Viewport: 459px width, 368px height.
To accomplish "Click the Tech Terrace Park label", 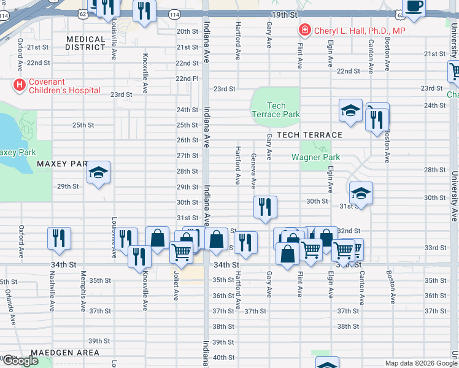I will point(276,110).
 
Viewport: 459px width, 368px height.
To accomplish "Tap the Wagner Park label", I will point(315,157).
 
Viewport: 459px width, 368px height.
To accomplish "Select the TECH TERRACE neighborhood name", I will point(309,135).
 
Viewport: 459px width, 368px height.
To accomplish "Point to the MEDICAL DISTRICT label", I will point(86,43).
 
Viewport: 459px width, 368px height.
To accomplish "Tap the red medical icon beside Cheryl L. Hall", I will point(304,29).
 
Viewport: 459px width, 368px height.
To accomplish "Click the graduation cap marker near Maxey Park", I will point(98,174).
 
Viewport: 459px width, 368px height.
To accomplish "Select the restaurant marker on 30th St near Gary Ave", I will point(265,207).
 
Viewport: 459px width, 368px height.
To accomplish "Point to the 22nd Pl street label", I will point(187,79).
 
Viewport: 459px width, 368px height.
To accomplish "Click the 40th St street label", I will point(224,358).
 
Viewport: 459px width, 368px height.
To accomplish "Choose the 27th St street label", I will point(187,156).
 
